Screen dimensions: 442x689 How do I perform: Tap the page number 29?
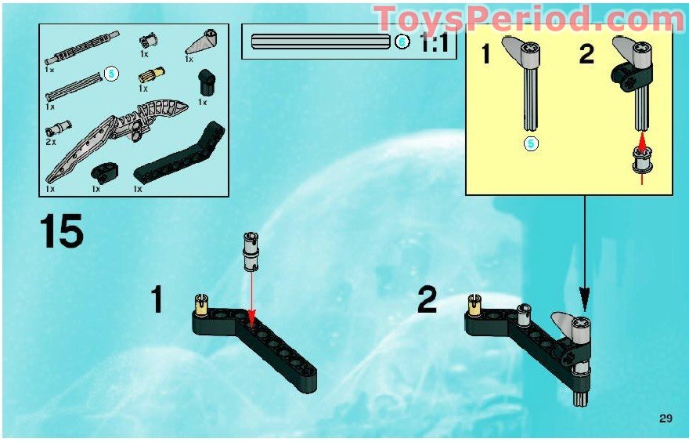[x=666, y=418]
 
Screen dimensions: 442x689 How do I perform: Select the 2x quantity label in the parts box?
[x=51, y=142]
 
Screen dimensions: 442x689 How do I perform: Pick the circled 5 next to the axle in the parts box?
[x=111, y=74]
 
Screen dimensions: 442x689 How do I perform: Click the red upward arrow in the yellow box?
[x=643, y=142]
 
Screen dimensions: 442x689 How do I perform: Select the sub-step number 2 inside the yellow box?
[x=586, y=55]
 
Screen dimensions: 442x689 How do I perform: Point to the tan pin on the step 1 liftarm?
[x=202, y=301]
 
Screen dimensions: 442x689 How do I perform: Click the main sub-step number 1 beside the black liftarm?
[x=157, y=300]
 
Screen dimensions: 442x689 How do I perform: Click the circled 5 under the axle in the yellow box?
[x=531, y=143]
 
